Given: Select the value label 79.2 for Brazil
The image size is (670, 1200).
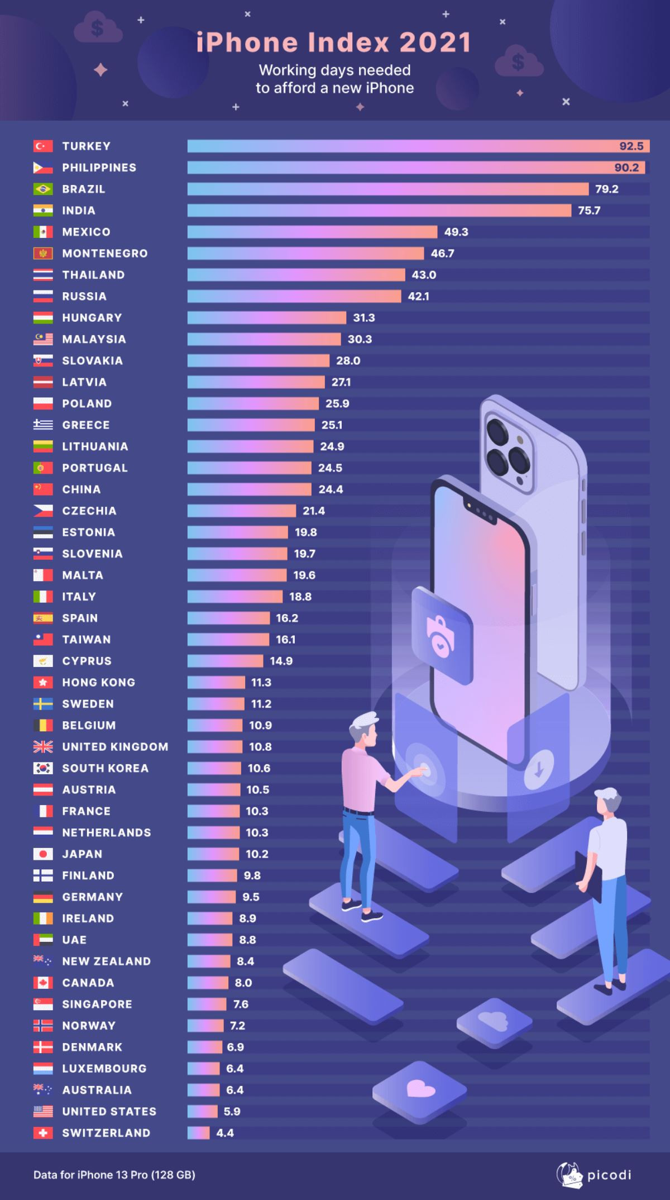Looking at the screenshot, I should click(606, 189).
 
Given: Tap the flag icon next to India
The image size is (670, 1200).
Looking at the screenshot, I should click(43, 211).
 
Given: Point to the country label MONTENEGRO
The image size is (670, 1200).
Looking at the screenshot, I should click(105, 254).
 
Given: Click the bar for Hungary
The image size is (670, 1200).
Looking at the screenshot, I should click(266, 318).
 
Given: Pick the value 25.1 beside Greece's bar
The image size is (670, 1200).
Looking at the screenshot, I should click(332, 425).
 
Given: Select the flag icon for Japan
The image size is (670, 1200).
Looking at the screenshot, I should click(43, 854).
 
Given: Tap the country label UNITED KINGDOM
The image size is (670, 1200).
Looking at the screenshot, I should click(115, 747).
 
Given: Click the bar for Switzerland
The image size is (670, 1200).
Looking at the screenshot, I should click(198, 1133).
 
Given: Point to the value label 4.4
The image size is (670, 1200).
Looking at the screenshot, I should click(225, 1133).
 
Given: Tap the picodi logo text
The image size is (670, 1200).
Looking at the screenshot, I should click(609, 1175).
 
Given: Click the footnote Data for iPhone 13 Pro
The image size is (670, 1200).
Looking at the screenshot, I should click(114, 1175).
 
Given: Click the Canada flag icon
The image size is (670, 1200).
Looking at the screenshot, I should click(43, 983).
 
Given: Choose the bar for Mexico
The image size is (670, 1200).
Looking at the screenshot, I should click(312, 232).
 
